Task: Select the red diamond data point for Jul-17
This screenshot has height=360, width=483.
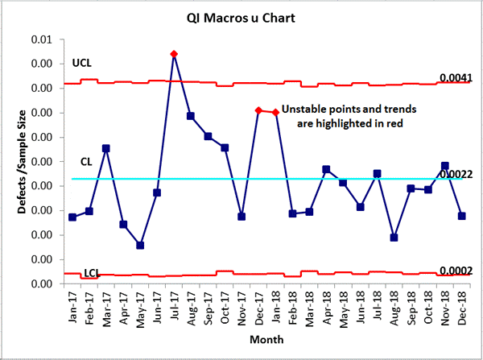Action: point(174,54)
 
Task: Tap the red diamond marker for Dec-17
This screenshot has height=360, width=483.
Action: point(258,110)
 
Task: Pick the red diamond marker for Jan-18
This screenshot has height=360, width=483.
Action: point(276,113)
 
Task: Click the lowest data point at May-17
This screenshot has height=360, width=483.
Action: point(140,245)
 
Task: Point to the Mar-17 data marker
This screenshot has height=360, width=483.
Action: point(106,148)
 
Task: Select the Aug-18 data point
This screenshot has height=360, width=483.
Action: point(394,238)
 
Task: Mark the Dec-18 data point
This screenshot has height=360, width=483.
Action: point(461,216)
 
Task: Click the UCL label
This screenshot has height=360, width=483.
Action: point(81,64)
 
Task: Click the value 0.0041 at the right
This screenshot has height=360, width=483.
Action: point(455,78)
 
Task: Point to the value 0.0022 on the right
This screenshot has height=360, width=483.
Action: point(456,174)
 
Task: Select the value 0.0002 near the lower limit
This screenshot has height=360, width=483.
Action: point(455,271)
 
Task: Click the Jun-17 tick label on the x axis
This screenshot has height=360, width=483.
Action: point(157,307)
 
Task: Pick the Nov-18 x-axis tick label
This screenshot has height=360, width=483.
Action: point(444,307)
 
